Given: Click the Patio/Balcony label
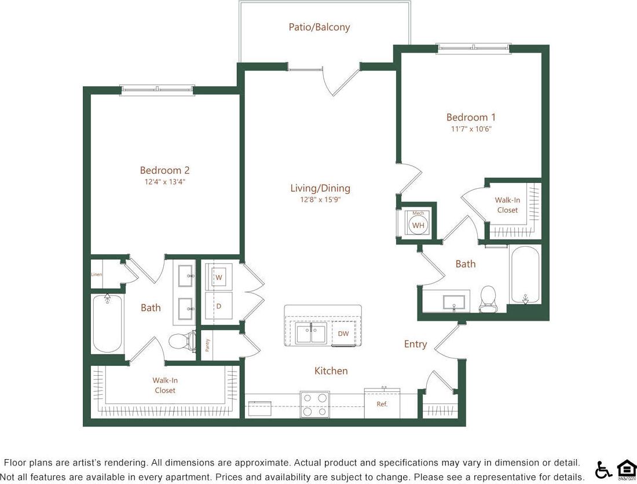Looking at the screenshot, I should (x=319, y=27).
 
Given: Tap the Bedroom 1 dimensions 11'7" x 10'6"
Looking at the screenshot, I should (x=471, y=129).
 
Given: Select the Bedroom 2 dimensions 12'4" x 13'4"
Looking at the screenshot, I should (x=164, y=182).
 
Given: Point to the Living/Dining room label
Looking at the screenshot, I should (x=320, y=188).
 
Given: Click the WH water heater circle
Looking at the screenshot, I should (x=418, y=225).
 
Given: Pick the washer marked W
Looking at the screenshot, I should (x=219, y=277).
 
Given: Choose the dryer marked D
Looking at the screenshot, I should (x=219, y=305).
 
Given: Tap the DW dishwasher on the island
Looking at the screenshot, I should (x=343, y=333).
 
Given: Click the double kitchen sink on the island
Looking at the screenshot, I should (x=311, y=334).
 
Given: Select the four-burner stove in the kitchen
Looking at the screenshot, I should (x=314, y=404).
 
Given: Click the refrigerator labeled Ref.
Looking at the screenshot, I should (x=382, y=404).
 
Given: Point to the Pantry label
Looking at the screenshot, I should (x=207, y=344).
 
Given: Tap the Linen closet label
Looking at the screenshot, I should (x=96, y=274).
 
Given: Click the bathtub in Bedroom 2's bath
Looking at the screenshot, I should (x=107, y=323).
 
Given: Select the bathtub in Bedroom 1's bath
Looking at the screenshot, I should (x=525, y=274).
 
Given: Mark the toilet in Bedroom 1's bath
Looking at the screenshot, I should (x=488, y=298).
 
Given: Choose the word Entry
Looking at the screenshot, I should (x=415, y=344).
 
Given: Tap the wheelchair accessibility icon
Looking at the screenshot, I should (x=603, y=470).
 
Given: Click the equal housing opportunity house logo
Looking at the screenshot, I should (x=626, y=469).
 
